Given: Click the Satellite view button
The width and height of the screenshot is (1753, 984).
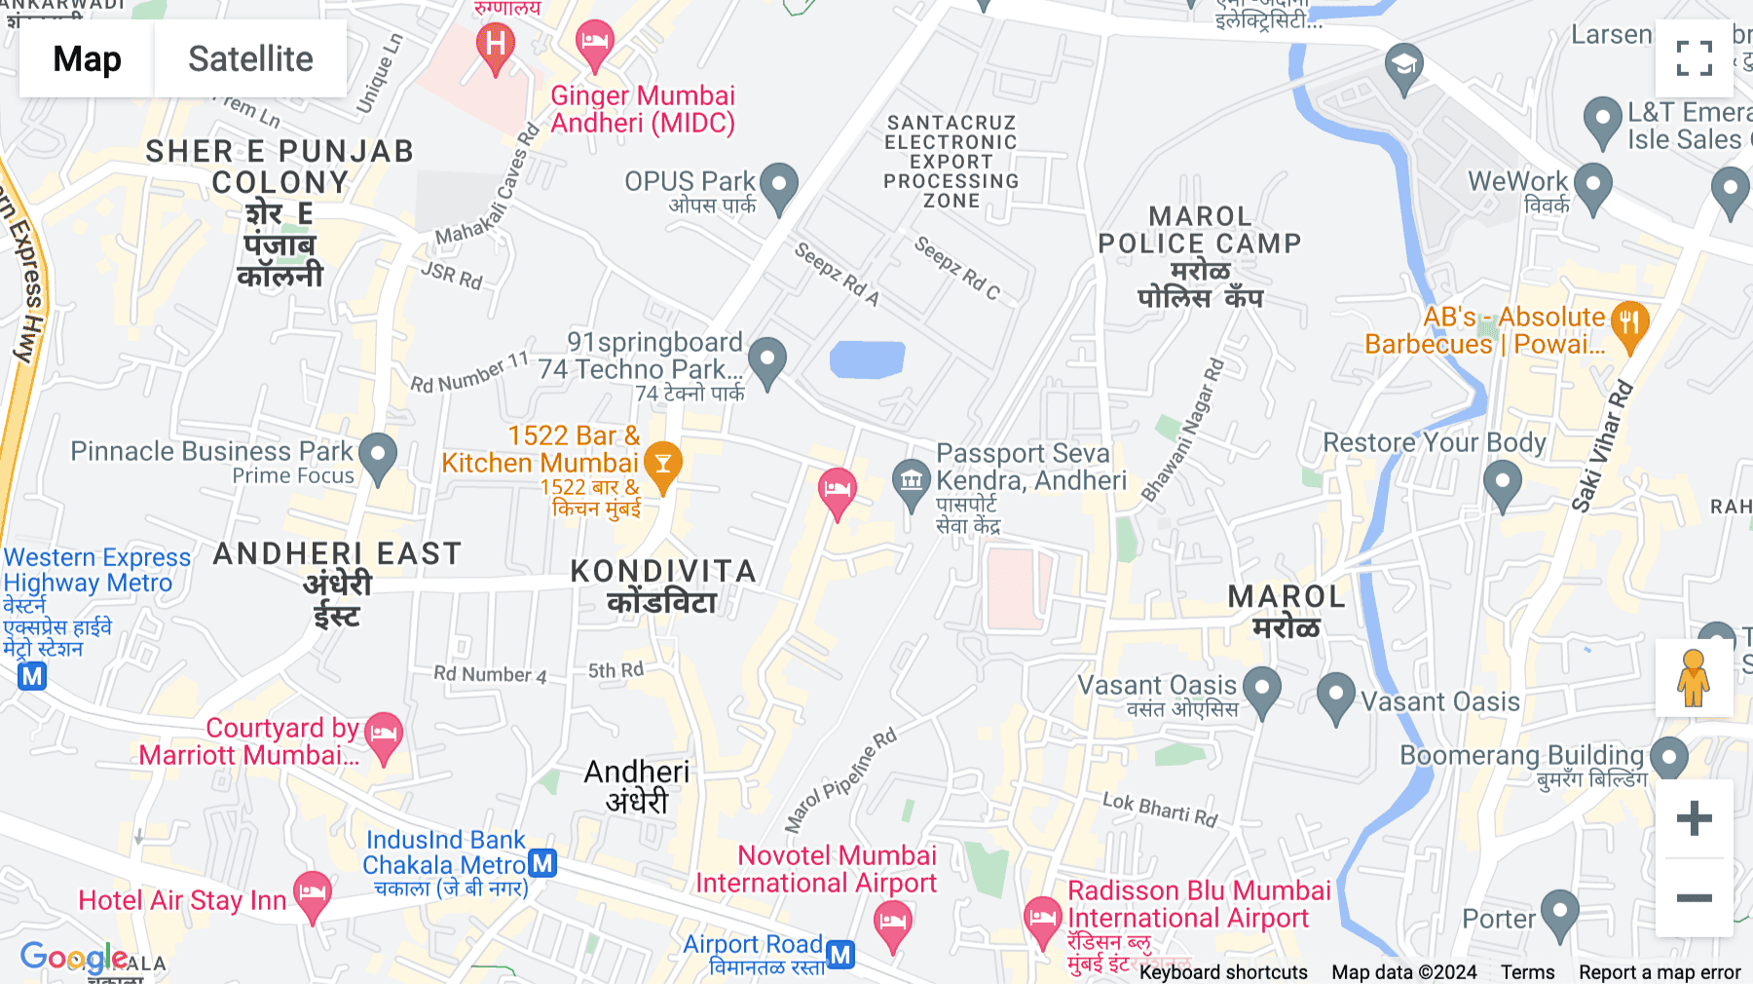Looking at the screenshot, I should [250, 58].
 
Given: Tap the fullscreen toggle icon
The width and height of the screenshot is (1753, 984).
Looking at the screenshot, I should [1694, 58].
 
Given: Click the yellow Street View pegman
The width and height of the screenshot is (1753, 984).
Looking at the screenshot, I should [1694, 678].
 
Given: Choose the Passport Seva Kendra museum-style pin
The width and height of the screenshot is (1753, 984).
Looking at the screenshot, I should [912, 482].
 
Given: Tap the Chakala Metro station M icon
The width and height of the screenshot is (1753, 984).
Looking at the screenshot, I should [542, 863].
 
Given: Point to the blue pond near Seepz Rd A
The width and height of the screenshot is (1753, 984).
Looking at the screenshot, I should [867, 360].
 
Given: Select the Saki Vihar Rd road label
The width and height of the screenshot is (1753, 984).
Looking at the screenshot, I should [1603, 446].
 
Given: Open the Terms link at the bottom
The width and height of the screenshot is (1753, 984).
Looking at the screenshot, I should [1527, 972].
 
